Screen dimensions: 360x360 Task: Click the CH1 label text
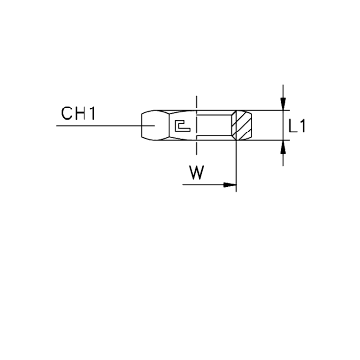coord(79,113)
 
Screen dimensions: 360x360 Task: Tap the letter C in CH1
coord(67,113)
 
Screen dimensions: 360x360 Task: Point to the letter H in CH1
coord(82,113)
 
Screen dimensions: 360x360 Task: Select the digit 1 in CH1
coord(92,113)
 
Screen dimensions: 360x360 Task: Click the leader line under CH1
coord(106,125)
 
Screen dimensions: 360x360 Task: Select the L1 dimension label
coord(297,126)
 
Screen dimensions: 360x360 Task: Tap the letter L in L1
coord(293,126)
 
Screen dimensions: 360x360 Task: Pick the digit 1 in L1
coord(302,126)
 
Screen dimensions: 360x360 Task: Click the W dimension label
coord(196,173)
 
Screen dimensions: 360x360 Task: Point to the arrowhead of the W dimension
coord(229,185)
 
